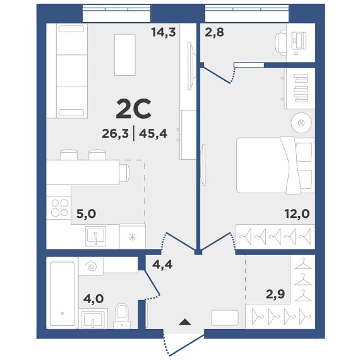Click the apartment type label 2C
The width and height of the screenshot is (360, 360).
(x=134, y=109)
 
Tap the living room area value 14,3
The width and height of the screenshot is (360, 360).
(x=164, y=32)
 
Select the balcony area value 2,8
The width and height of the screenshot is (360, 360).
(x=214, y=32)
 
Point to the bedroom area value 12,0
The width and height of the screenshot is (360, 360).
(x=297, y=213)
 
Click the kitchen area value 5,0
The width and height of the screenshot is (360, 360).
(x=86, y=213)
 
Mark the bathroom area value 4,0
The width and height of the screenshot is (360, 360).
(x=93, y=299)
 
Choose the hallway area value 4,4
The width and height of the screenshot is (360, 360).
(x=162, y=265)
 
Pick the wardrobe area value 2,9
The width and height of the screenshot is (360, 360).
(x=275, y=294)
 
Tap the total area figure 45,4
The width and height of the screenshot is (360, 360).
(x=153, y=133)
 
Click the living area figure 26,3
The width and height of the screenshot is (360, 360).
(x=115, y=133)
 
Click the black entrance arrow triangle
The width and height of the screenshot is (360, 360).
(x=185, y=322)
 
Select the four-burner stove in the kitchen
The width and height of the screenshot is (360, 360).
(x=59, y=208)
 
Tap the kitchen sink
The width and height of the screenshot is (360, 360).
(x=95, y=236)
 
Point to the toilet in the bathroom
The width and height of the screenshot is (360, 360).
(x=122, y=316)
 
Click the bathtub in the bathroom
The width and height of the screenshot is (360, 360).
(x=63, y=294)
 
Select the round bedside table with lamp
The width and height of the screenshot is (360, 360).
(x=301, y=123)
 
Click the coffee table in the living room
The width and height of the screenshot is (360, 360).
(x=125, y=55)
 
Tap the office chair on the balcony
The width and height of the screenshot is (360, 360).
(x=280, y=43)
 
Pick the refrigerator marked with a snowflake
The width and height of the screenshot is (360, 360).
(x=132, y=236)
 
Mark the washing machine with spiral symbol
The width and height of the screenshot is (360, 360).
(x=91, y=267)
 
